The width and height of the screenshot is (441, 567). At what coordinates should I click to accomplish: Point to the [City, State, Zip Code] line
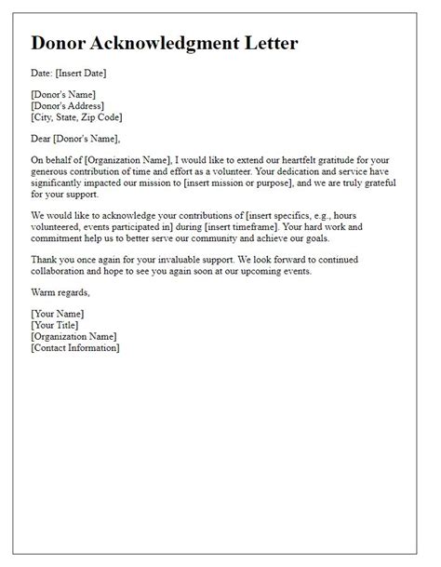(x=76, y=118)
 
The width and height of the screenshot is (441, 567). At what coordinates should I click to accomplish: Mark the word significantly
(x=64, y=184)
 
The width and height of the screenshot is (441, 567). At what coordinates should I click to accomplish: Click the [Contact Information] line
(x=74, y=347)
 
